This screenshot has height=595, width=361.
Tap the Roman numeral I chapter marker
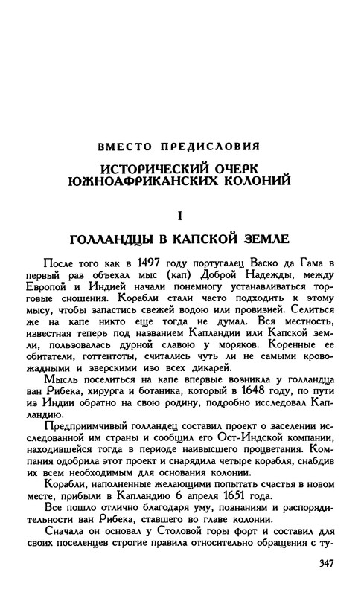click(x=179, y=216)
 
